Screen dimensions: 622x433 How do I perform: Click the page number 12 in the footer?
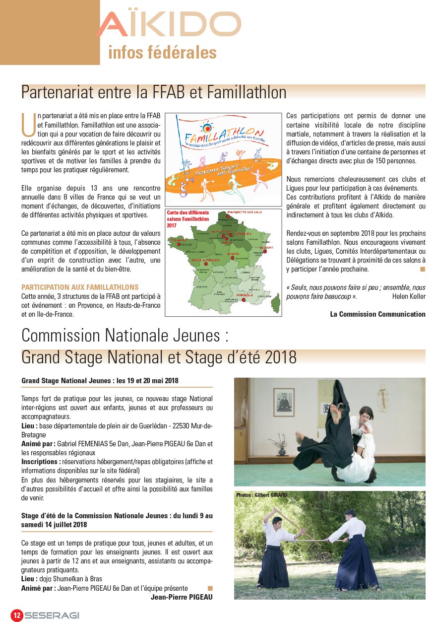[16, 615]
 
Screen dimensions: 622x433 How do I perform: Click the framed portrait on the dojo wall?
[284, 402]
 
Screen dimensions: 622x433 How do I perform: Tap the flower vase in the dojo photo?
[282, 450]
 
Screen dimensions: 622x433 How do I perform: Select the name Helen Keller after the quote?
[409, 296]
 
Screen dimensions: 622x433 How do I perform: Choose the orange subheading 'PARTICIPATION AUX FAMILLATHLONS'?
[80, 287]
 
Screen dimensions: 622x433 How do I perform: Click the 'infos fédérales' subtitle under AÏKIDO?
[162, 53]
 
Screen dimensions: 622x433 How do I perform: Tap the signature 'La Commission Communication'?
[377, 314]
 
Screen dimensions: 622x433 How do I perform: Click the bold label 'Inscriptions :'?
[41, 461]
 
